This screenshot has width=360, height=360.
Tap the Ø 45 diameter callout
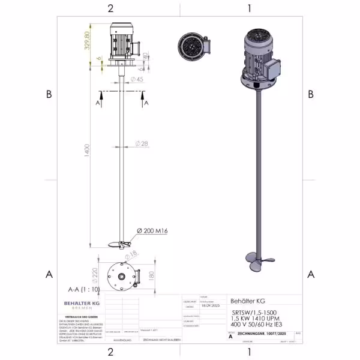pyautogui.click(x=137, y=79)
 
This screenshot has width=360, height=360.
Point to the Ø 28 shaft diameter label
pyautogui.click(x=142, y=143)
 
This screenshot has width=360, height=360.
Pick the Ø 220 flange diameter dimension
pyautogui.click(x=94, y=275)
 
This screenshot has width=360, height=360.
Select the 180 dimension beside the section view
pyautogui.click(x=151, y=275)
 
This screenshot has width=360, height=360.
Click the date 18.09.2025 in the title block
pyautogui.click(x=207, y=305)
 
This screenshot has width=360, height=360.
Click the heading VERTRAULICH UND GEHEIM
pyautogui.click(x=74, y=316)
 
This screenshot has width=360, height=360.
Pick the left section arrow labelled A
pyautogui.click(x=98, y=101)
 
